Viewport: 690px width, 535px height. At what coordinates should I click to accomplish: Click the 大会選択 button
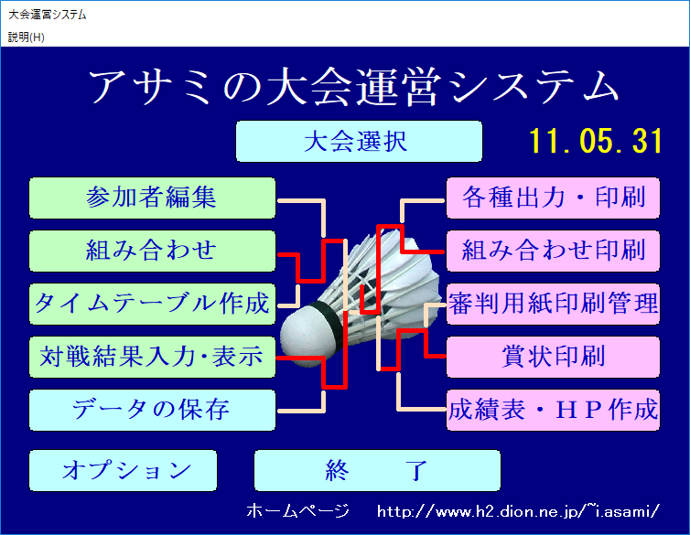359,141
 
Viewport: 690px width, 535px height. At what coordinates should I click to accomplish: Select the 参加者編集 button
152,198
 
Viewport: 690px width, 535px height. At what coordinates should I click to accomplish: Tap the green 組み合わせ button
152,251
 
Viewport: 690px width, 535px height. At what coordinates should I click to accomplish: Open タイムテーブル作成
152,304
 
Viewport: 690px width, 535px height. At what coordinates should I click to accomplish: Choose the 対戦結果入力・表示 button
152,357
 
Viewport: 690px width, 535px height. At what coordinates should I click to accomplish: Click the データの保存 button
152,410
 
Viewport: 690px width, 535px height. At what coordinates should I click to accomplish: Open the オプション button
124,470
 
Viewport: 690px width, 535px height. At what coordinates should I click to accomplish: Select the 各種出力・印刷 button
553,198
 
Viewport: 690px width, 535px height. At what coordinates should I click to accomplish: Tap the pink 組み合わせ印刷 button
553,251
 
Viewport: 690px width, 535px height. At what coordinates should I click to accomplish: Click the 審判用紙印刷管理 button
553,304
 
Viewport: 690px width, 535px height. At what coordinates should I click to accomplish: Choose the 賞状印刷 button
553,357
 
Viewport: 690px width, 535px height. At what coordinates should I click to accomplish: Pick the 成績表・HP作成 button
553,410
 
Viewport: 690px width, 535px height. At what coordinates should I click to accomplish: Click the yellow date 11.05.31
596,141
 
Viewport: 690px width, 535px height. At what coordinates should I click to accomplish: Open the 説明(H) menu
27,37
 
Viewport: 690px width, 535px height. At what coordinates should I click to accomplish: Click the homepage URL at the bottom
518,511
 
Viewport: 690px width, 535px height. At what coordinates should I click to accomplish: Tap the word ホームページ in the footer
298,511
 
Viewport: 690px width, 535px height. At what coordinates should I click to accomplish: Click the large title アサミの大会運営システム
354,87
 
